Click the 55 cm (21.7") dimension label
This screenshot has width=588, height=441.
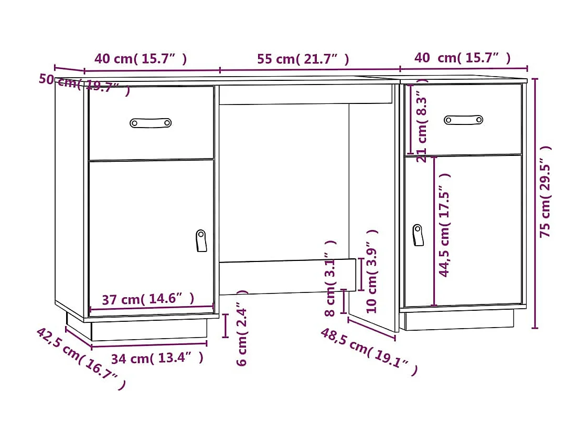(x=303, y=59)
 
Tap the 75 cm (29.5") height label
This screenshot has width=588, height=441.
(x=546, y=192)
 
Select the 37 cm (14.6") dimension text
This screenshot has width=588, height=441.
(x=148, y=299)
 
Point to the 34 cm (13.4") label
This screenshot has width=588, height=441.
(x=157, y=359)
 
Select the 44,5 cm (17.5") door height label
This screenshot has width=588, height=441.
(x=444, y=225)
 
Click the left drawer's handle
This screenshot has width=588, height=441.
(x=151, y=123)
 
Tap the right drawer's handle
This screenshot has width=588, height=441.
(x=463, y=120)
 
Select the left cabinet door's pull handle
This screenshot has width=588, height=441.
(x=201, y=240)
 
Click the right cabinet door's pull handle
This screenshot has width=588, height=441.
(x=418, y=235)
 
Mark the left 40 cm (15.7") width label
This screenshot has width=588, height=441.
(x=140, y=59)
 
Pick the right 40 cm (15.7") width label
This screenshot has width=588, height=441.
(x=462, y=58)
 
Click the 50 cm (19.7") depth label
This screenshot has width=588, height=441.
(x=84, y=83)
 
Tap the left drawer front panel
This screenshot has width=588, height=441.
(x=151, y=142)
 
